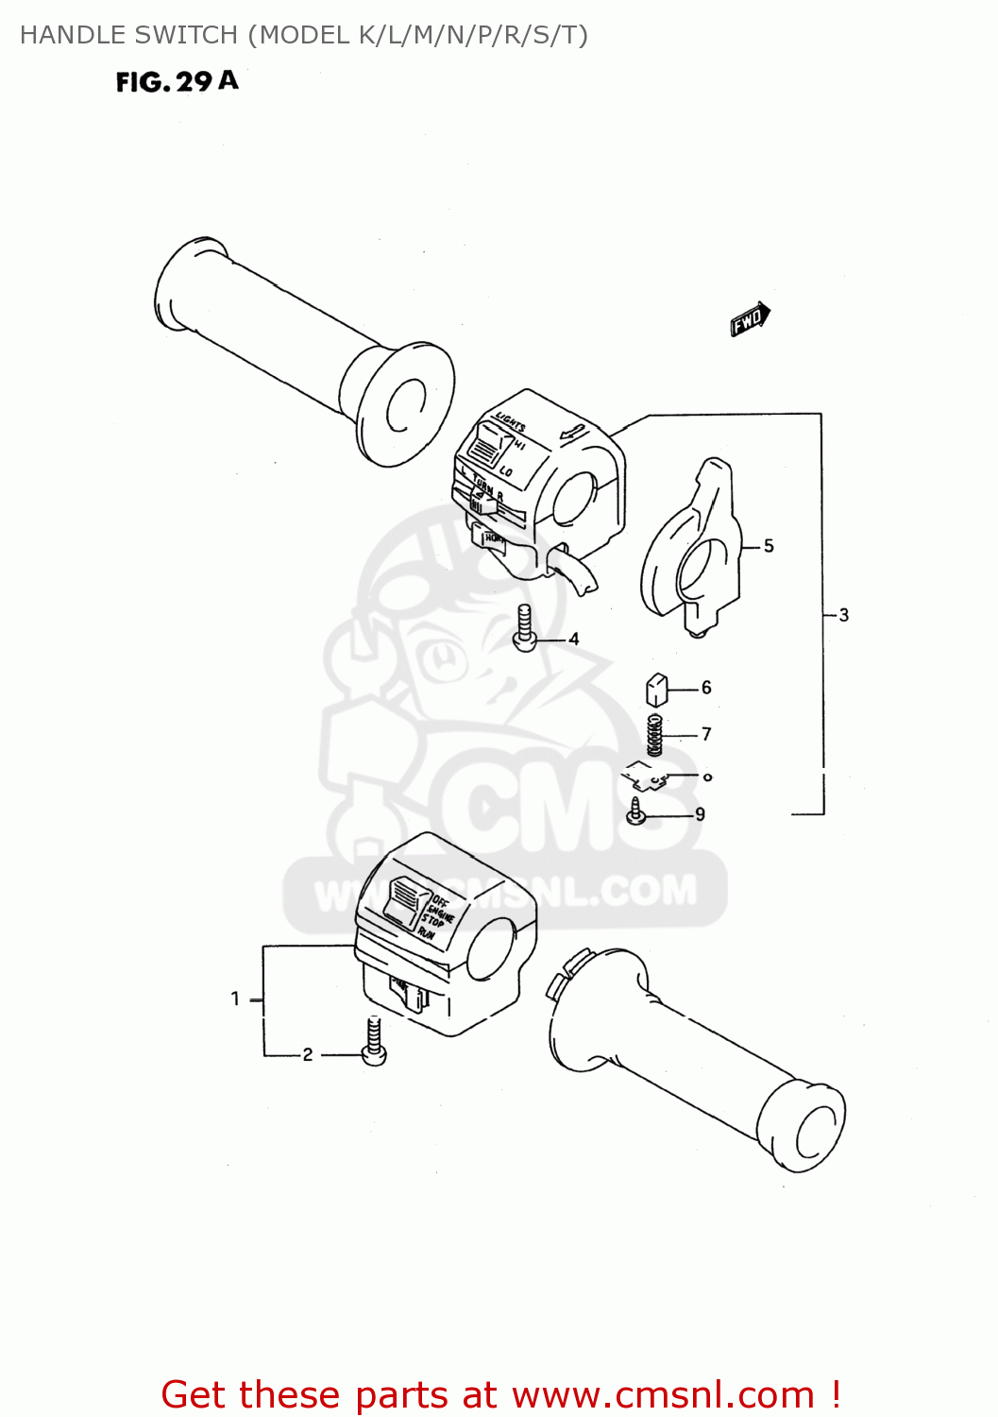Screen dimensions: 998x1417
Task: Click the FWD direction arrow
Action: pos(751,318)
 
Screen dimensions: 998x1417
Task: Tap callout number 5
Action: pos(769,546)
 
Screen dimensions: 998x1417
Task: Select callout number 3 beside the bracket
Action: pos(843,615)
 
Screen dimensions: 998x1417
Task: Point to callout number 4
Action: pos(573,640)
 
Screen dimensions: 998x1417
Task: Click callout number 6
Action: pos(706,688)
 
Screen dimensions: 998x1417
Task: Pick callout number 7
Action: pos(706,734)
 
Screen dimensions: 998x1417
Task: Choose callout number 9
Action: pos(700,814)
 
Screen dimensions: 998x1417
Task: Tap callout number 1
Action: pos(235,999)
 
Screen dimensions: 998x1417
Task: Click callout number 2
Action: pos(308,1055)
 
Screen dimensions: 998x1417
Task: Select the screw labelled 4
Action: pos(525,629)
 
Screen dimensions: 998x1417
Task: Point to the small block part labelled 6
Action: pos(656,690)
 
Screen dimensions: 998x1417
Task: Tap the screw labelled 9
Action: pos(637,811)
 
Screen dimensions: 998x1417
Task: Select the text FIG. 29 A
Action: pos(177,82)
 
